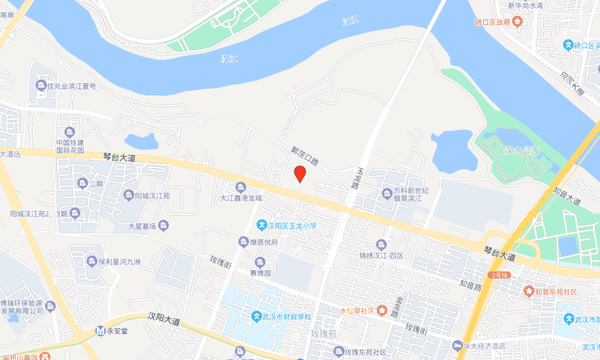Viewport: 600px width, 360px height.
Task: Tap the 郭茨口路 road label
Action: (304, 155)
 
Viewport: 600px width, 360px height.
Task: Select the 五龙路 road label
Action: (356, 178)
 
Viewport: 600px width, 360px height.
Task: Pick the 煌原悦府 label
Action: (264, 242)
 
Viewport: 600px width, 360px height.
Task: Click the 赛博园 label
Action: (261, 273)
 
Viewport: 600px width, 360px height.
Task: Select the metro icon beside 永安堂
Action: (100, 330)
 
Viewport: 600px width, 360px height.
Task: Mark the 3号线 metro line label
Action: (501, 274)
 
